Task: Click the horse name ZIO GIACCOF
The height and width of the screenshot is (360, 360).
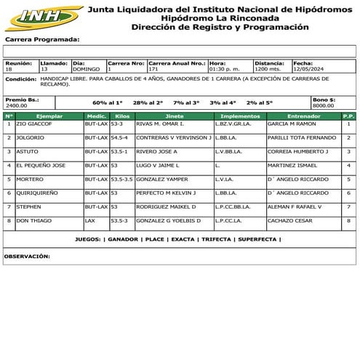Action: (34, 124)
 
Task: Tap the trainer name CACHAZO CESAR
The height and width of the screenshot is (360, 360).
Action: (289, 220)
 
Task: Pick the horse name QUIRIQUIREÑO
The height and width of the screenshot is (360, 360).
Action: (39, 193)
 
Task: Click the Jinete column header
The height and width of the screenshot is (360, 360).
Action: (175, 116)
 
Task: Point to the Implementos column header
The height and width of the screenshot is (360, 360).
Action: (240, 116)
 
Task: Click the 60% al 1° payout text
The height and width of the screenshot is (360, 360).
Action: (108, 103)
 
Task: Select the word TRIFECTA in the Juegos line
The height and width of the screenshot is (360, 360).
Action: (217, 239)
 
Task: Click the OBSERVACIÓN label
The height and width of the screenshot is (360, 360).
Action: (27, 256)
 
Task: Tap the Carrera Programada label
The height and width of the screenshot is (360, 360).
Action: (42, 40)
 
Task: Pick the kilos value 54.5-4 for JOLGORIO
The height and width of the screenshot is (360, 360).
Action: (119, 138)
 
